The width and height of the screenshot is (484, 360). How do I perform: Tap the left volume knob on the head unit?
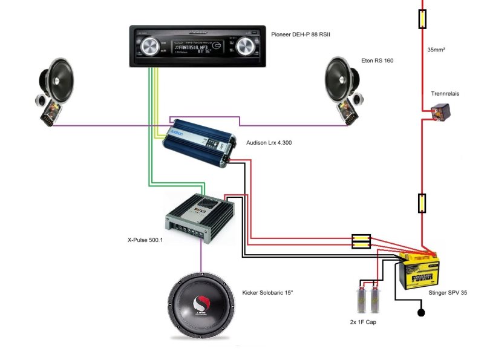[x=150, y=46]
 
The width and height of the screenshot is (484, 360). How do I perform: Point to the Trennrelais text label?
[x=446, y=94]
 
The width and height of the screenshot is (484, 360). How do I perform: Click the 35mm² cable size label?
[x=436, y=50]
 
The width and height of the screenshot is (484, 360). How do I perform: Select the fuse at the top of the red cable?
[x=422, y=19]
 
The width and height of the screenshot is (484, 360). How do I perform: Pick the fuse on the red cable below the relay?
[x=422, y=203]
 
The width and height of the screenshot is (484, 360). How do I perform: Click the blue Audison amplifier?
[x=197, y=139]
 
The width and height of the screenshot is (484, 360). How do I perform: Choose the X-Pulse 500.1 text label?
[x=145, y=240]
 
